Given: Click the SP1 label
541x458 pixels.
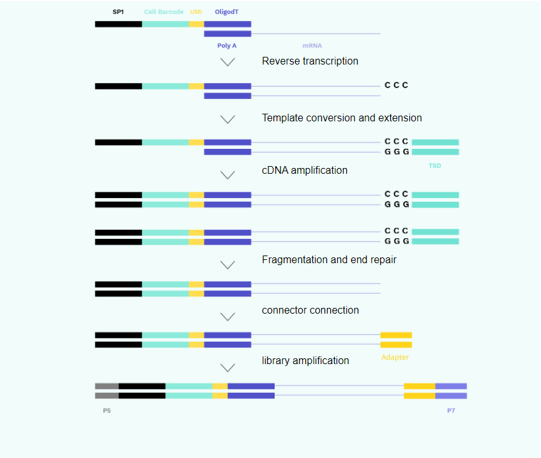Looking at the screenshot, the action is pos(118,11).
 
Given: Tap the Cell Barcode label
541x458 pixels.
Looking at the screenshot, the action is pos(164,11).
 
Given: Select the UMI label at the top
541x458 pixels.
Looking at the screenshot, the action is pos(196,11).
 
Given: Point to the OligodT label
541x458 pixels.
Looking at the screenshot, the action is pos(227,11).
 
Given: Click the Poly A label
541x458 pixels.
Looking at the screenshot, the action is pos(227,45).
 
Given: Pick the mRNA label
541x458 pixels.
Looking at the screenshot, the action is pos(312,45).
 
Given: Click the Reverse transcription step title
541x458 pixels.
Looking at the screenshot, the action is pos(310,61).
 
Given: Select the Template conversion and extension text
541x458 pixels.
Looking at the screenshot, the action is pos(342,118).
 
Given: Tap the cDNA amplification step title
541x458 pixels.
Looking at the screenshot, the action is pos(304,170).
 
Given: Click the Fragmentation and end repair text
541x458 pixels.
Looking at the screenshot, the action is pos(329,259).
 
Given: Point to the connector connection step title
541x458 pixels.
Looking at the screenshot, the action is pos(310,310).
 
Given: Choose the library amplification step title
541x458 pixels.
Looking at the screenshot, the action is pos(305,361).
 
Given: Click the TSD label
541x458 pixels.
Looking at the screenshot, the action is pos(435,165).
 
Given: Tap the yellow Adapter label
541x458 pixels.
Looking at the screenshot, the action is pos(395,357).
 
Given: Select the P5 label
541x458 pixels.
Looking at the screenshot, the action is pos(107,410).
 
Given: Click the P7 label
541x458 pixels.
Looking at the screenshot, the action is pos(451,410).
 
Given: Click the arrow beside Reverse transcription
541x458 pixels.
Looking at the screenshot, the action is pos(228,62).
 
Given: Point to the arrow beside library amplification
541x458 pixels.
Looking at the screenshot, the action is pos(228,367).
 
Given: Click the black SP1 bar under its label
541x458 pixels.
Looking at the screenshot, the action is pos(118,24).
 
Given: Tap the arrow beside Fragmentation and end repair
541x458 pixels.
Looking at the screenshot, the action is pos(228,264).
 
